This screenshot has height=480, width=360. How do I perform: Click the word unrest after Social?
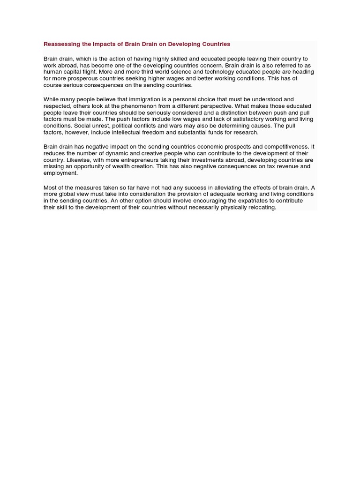[95, 126]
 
